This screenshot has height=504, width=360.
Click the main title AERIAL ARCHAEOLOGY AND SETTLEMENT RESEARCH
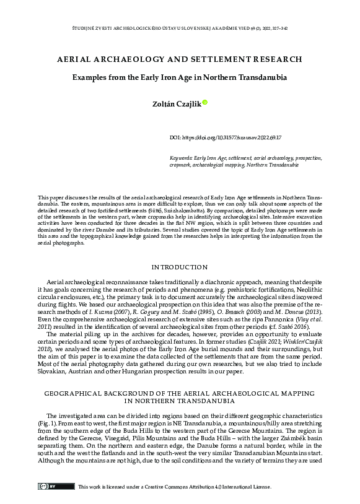pyautogui.click(x=180, y=59)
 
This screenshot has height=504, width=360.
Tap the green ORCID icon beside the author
pyautogui.click(x=205, y=103)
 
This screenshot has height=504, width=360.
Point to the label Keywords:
pyautogui.click(x=182, y=159)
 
